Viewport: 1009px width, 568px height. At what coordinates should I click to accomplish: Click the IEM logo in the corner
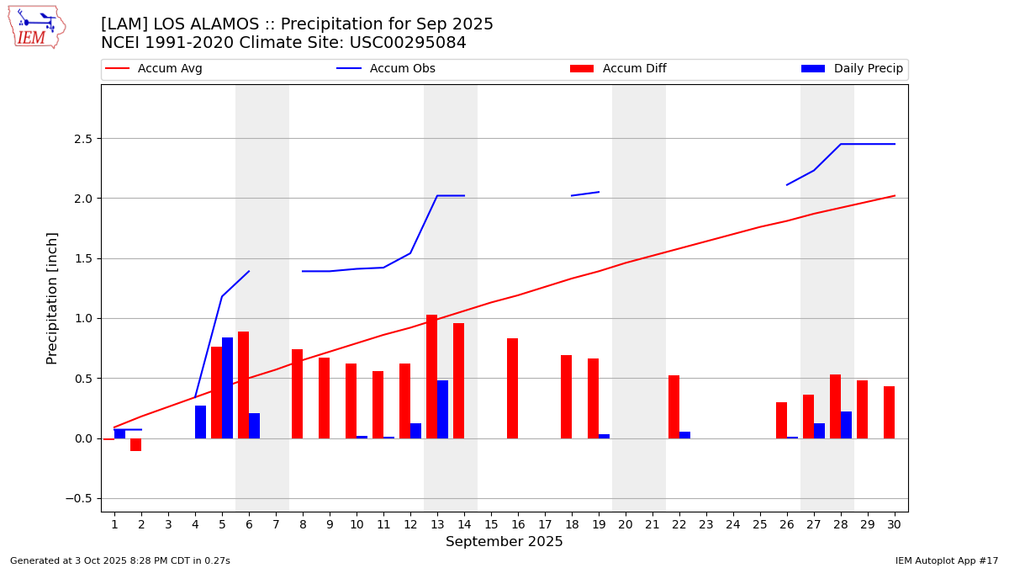pyautogui.click(x=36, y=27)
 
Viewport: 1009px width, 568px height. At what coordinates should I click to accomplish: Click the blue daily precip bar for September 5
pyautogui.click(x=227, y=388)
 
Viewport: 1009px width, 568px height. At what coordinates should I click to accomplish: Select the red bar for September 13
pyautogui.click(x=431, y=376)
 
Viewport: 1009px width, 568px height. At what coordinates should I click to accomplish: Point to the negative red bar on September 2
pyautogui.click(x=135, y=444)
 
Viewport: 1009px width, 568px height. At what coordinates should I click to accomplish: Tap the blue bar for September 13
pyautogui.click(x=442, y=409)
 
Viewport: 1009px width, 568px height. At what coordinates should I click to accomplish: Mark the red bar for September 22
pyautogui.click(x=674, y=406)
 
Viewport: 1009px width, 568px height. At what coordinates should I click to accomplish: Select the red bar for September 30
pyautogui.click(x=889, y=412)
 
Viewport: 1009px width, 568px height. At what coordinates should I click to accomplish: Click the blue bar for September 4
pyautogui.click(x=200, y=422)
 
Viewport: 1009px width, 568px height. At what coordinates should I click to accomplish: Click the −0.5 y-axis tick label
pyautogui.click(x=79, y=498)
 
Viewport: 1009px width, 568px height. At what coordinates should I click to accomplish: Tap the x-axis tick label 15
pyautogui.click(x=491, y=524)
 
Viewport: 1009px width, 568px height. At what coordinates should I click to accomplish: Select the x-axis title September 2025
pyautogui.click(x=504, y=542)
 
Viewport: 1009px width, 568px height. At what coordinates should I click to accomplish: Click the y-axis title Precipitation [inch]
pyautogui.click(x=52, y=298)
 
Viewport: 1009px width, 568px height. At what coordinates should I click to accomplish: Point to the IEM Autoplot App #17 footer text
pyautogui.click(x=947, y=560)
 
